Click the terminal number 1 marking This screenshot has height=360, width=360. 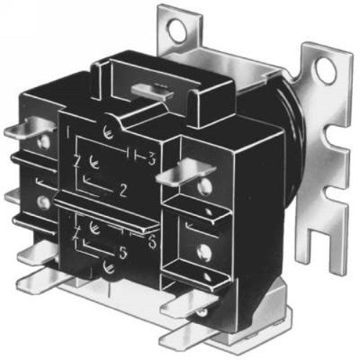tap(67, 132)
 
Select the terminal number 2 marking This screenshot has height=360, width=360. tap(123, 191)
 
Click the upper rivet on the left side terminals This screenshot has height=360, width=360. tap(45, 143)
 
